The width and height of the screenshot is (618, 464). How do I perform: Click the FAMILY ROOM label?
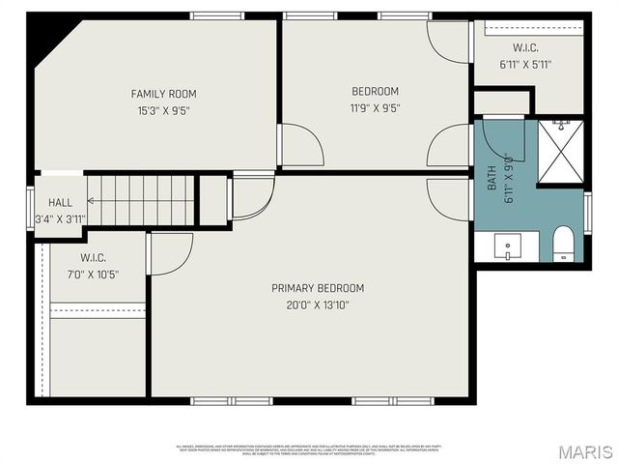163,94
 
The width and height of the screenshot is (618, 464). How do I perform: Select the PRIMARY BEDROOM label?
318,288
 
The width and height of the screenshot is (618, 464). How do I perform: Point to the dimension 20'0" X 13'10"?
318,304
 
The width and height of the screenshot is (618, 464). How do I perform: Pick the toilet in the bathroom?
563,244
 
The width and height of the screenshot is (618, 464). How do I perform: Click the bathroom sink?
508,246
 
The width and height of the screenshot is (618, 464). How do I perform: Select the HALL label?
60,203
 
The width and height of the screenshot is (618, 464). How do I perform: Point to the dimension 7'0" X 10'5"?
94,275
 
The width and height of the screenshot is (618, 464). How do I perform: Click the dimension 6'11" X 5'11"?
526,65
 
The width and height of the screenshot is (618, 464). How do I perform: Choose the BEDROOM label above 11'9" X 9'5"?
375,92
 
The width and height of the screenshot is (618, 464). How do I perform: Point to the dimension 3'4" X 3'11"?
60,218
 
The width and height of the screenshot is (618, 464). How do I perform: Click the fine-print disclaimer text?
309,449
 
